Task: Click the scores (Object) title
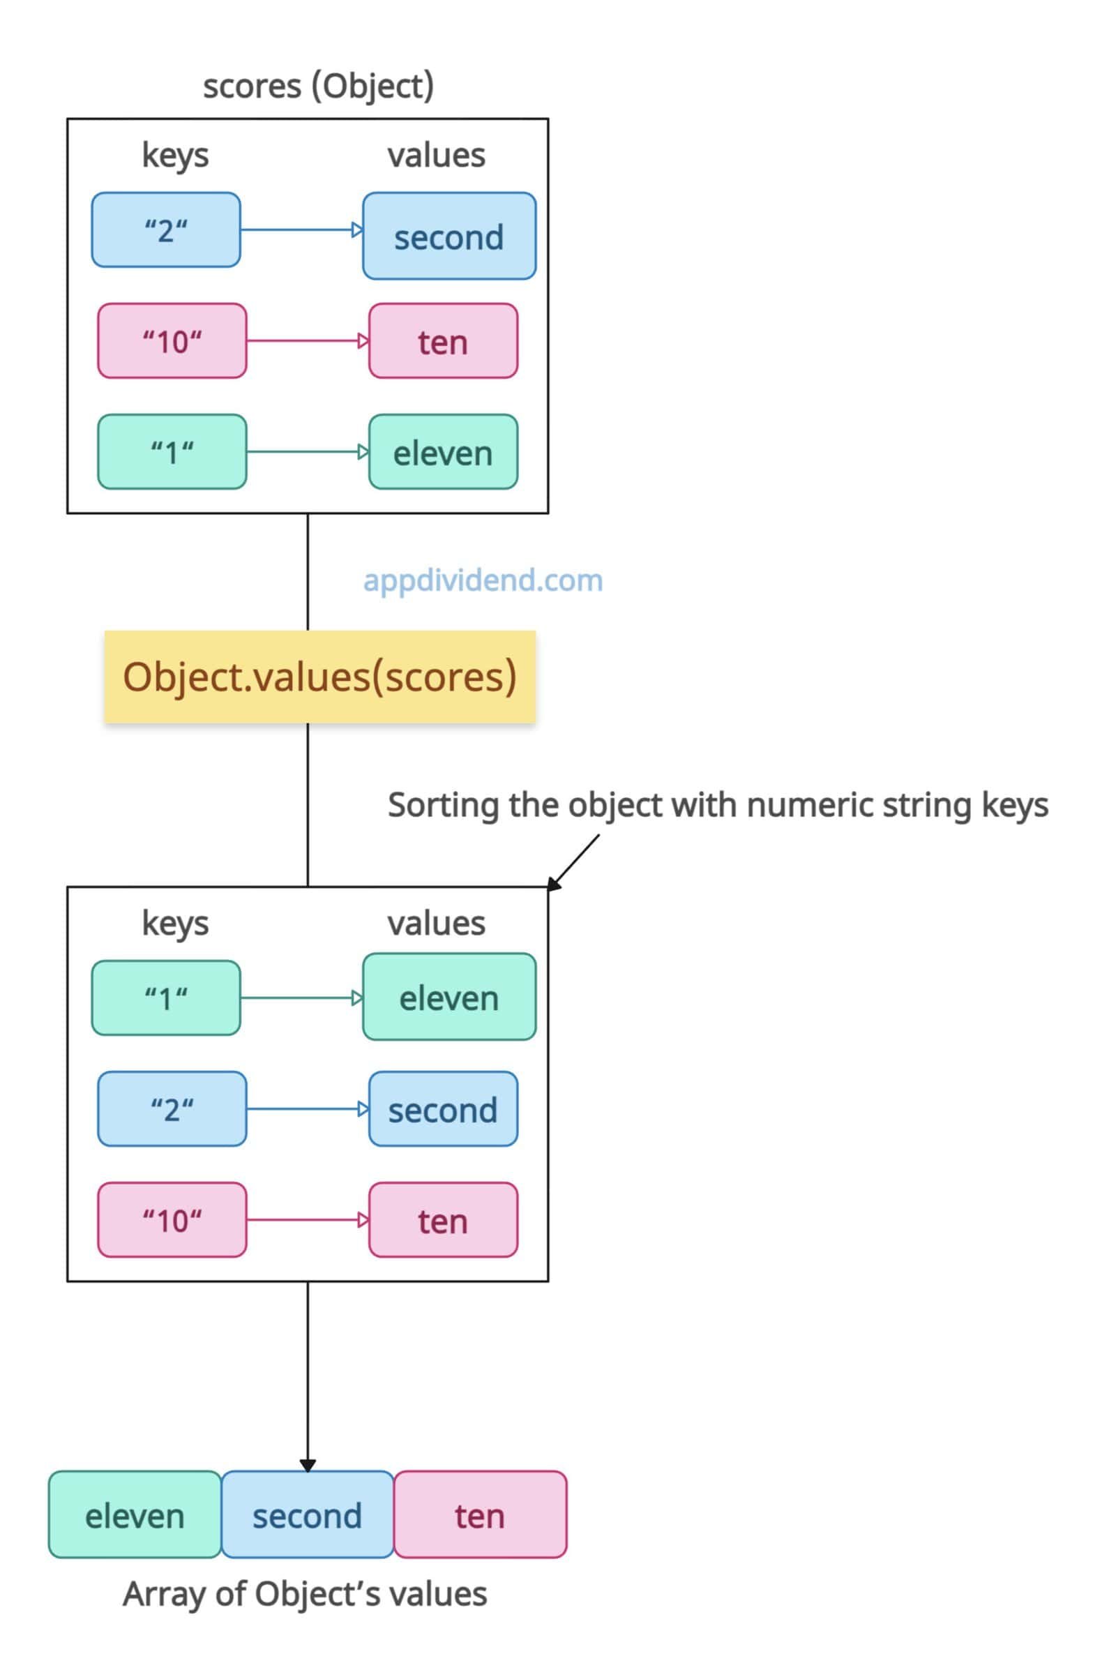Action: point(318,87)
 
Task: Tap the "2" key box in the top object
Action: point(166,230)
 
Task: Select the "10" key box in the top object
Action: point(172,341)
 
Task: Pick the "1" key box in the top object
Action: point(172,452)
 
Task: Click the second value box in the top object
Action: point(449,236)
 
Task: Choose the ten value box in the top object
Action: point(444,341)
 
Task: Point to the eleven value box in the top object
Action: point(444,452)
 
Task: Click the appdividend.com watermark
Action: point(483,581)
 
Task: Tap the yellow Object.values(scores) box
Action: point(319,676)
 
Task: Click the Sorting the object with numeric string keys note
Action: point(718,806)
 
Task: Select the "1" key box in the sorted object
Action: point(166,998)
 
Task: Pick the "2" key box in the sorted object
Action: point(172,1109)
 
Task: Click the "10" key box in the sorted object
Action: point(172,1220)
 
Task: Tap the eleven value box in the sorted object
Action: point(449,997)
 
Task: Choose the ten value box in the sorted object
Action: point(444,1220)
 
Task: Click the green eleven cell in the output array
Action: point(135,1514)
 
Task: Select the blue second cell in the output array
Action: point(308,1514)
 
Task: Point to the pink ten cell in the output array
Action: point(481,1514)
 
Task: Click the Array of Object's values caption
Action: point(306,1595)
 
